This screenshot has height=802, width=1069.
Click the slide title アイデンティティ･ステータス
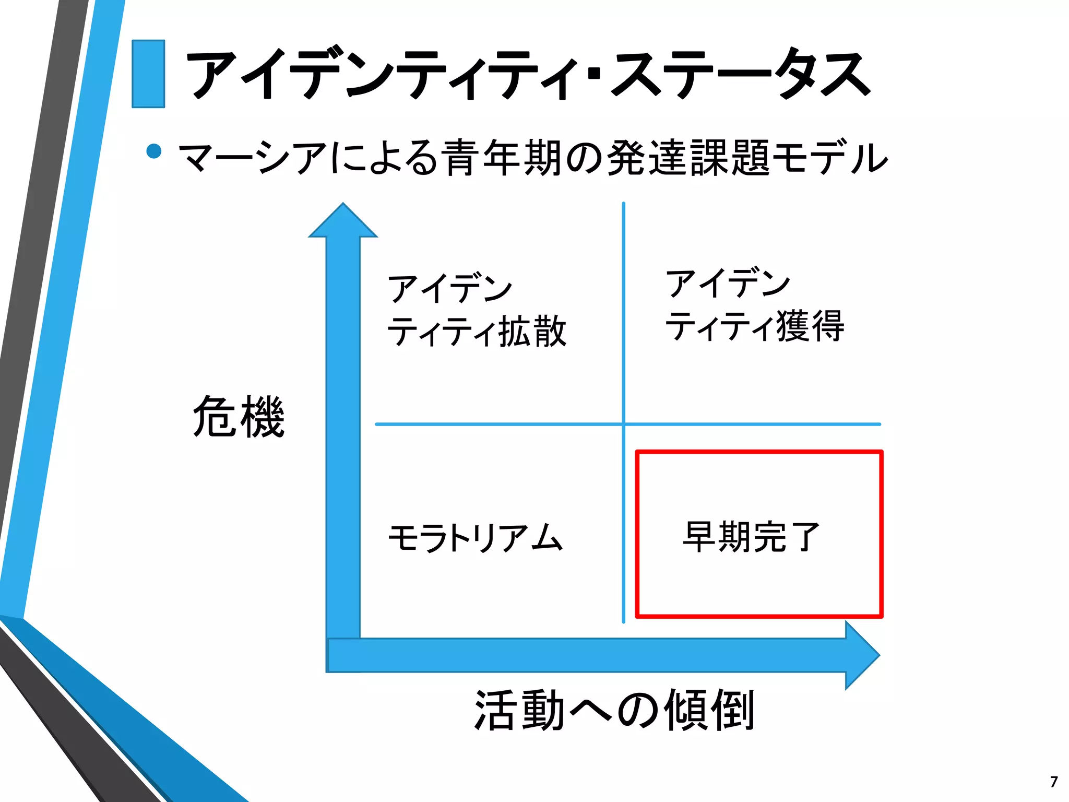527,74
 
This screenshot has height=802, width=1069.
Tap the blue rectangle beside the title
148,74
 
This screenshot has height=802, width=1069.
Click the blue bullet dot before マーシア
154,151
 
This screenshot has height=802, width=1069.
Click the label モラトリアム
475,538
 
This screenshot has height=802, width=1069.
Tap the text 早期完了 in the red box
752,537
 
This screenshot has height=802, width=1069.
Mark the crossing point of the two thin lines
624,424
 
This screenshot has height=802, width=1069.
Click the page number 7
1054,782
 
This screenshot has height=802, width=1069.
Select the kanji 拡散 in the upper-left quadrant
532,331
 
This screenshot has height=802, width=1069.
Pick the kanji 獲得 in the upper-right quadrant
810,326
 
